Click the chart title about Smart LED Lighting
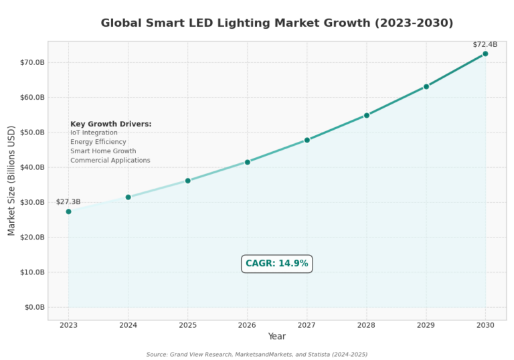coord(276,23)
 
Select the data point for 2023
coord(68,211)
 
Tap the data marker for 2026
coord(247,162)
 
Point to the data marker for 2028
coord(366,115)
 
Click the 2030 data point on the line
coord(485,54)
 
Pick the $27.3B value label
coord(68,201)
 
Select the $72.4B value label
coord(485,44)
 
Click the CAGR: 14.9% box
coord(276,264)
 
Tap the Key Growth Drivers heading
coord(111,124)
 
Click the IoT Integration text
coord(94,132)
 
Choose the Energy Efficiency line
coord(98,142)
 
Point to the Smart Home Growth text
coord(103,151)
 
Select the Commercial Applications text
coord(110,161)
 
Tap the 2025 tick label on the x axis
coord(187,325)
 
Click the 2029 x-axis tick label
coord(426,325)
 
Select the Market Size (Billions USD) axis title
coord(11,181)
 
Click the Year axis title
coord(276,337)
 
